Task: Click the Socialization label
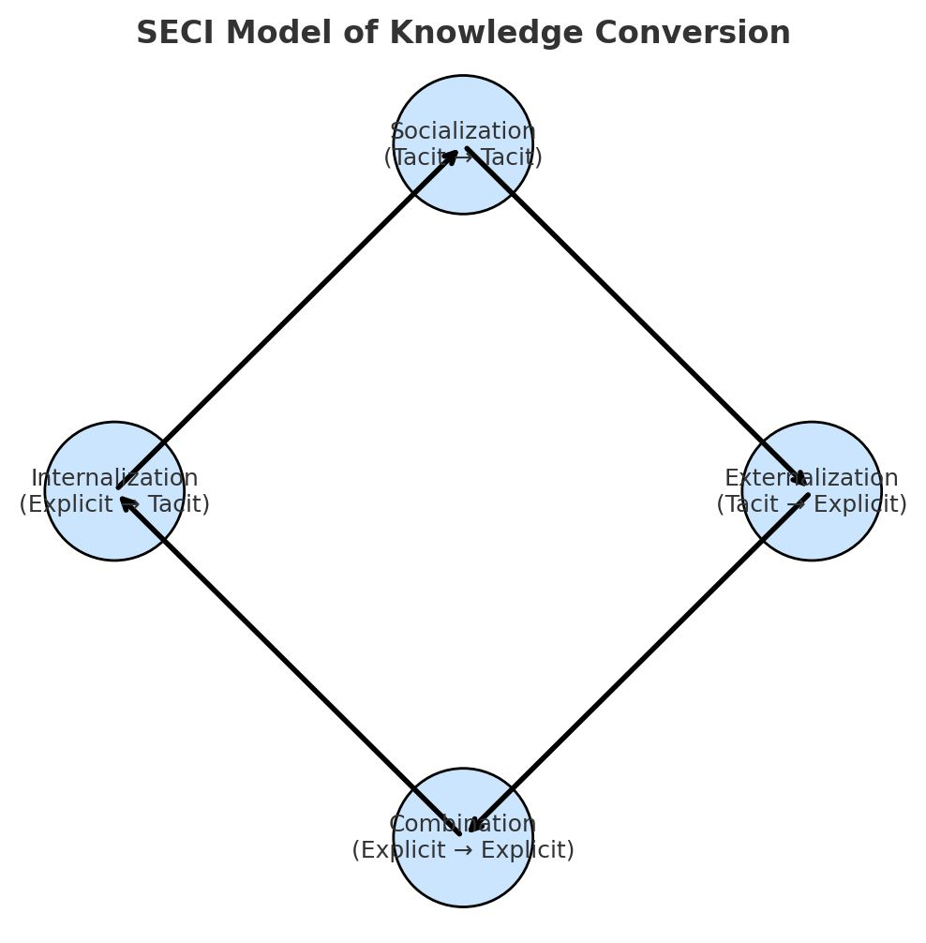462,131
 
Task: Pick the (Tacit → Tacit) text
462,157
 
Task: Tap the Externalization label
812,478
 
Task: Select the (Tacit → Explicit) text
812,504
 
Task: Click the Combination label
462,824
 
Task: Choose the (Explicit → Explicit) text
462,850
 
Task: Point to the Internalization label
114,478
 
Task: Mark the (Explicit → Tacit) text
114,504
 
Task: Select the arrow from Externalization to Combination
637,664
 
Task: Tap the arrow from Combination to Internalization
289,664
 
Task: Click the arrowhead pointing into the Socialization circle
452,156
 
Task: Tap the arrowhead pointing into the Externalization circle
799,479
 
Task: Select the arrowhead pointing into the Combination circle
474,825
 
